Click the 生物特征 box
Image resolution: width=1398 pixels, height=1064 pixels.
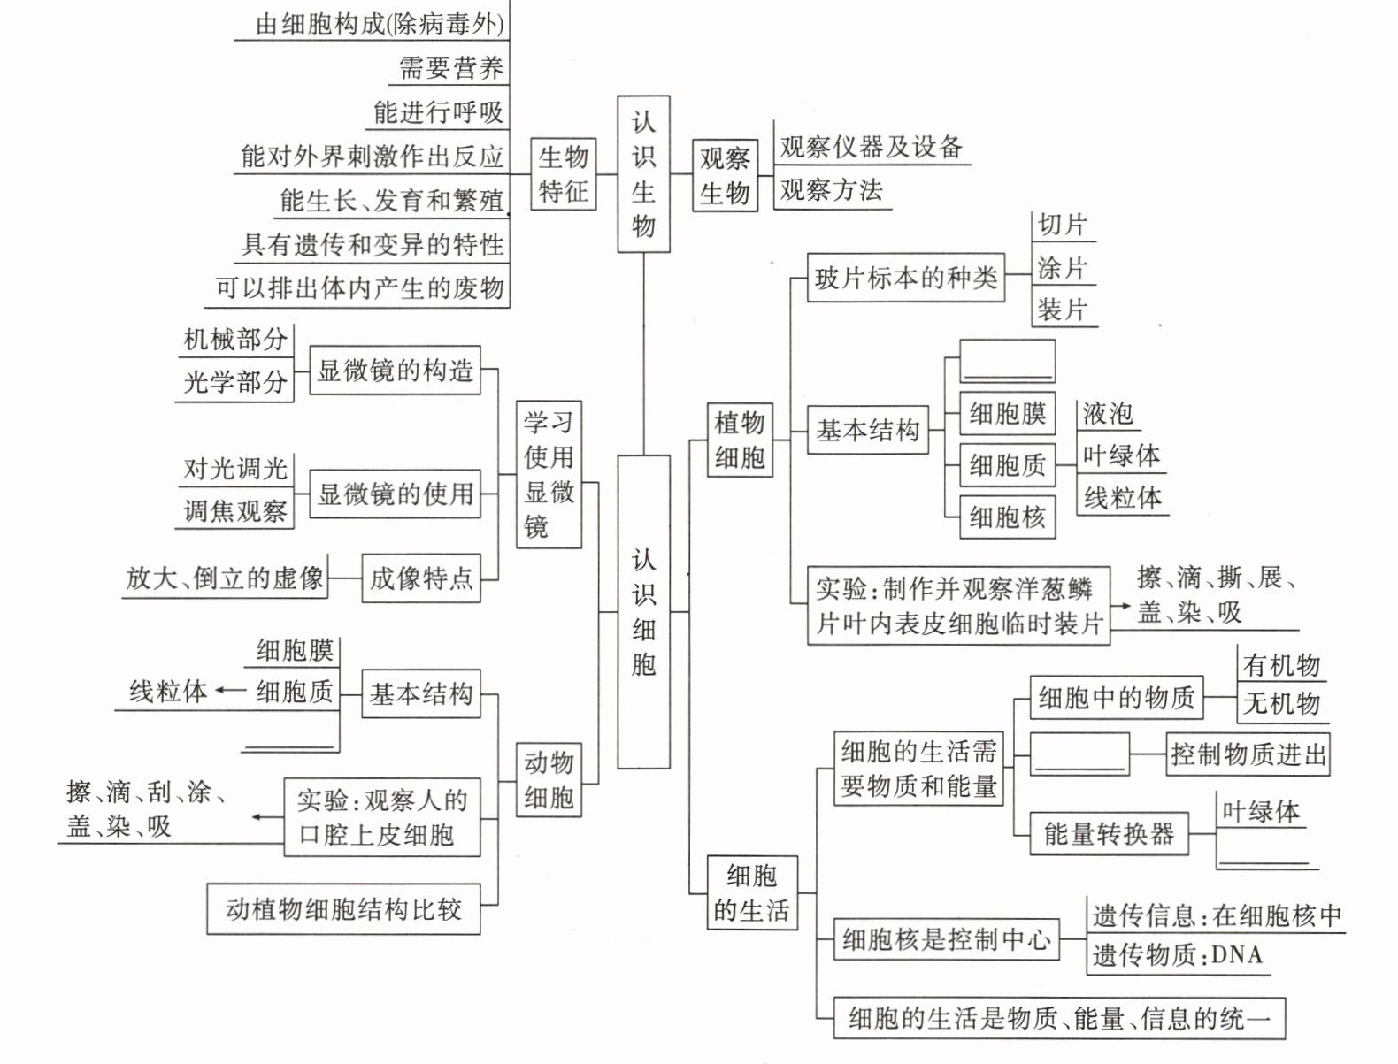tap(563, 174)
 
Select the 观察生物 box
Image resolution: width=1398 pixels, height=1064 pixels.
tap(725, 176)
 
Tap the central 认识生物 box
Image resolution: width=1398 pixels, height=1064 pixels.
tap(643, 174)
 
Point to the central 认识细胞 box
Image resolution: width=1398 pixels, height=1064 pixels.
tap(643, 611)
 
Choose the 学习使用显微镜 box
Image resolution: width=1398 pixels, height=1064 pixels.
tap(549, 474)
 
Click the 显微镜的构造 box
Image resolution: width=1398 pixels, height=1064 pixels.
tap(396, 371)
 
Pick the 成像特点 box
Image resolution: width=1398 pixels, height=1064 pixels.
tap(421, 578)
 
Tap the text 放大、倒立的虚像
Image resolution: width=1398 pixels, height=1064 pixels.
tap(225, 578)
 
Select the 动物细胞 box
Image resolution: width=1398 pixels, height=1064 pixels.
tap(549, 780)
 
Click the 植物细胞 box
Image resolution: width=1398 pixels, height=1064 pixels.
tap(740, 440)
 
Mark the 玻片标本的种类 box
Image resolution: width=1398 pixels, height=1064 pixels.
tap(906, 279)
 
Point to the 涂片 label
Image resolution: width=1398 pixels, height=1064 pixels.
tap(1063, 268)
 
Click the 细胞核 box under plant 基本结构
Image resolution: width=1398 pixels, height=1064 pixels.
tap(1008, 517)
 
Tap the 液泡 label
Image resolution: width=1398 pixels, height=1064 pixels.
tap(1107, 413)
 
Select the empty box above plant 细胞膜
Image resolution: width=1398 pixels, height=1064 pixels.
tap(1008, 362)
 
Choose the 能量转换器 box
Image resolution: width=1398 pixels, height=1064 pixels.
tap(1109, 833)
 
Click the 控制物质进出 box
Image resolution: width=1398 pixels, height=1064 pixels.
tap(1248, 754)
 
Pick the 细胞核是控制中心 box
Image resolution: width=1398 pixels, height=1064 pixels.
tap(947, 939)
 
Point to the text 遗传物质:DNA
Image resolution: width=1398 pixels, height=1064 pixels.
tap(1177, 955)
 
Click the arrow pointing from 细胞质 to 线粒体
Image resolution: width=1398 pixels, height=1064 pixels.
tap(230, 691)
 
